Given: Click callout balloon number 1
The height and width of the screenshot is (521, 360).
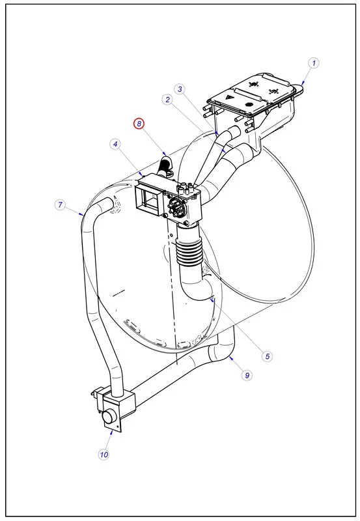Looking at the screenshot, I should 314,63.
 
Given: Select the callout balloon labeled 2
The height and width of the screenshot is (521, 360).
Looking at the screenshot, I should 168,100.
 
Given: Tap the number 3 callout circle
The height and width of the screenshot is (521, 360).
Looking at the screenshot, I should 180,89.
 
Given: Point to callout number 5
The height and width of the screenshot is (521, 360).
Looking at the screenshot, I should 267,356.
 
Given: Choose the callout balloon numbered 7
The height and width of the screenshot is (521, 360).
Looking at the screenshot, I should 60,205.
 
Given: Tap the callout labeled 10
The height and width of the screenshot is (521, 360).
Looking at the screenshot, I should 104,454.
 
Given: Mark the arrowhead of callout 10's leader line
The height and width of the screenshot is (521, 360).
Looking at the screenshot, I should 115,429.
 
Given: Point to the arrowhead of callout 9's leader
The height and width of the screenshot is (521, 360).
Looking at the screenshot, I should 230,357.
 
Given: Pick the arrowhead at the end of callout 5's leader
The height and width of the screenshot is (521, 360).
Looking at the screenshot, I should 212,299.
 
